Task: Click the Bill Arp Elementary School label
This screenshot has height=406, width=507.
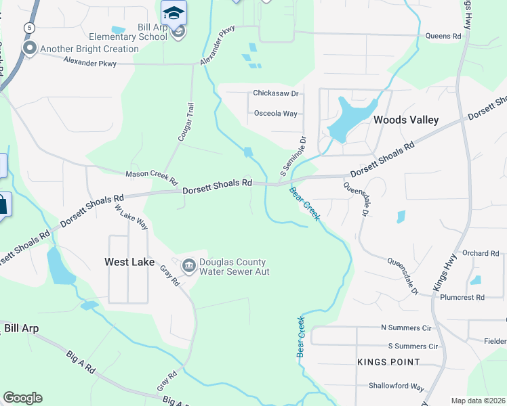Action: (127, 32)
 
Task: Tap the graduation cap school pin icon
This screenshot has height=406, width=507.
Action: (174, 13)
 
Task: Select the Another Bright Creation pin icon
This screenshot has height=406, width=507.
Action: (29, 48)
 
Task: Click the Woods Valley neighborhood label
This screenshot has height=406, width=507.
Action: (406, 120)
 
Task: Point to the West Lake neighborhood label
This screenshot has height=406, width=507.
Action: (129, 262)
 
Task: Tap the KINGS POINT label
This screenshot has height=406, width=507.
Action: (388, 362)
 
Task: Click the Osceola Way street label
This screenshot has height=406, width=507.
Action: (275, 114)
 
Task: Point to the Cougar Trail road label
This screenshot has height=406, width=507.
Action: (186, 122)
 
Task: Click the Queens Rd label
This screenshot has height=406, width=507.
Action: (443, 36)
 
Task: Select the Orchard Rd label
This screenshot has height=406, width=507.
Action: (481, 253)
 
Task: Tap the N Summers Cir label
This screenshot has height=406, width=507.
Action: (406, 328)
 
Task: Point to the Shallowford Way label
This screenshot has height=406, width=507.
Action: (396, 387)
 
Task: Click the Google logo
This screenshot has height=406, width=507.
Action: (22, 398)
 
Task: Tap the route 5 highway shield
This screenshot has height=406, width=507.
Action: (29, 27)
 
